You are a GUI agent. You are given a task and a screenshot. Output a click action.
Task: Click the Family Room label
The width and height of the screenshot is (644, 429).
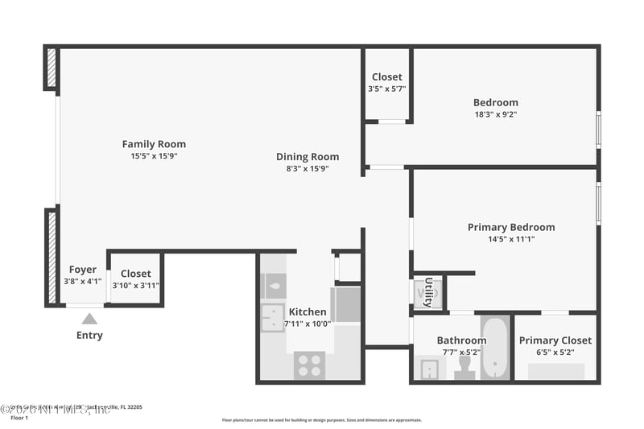tap(154, 144)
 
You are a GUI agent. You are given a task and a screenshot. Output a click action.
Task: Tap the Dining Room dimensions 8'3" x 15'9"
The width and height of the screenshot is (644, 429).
tap(308, 169)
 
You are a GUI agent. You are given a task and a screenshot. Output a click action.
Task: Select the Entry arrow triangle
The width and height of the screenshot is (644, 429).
tap(89, 319)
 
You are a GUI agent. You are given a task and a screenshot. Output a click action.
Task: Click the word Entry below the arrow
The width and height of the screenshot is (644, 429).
tap(89, 335)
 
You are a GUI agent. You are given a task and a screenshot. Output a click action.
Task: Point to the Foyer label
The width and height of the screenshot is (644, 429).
tap(83, 270)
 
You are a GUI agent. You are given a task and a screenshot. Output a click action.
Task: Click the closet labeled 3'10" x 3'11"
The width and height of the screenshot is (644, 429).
tap(135, 279)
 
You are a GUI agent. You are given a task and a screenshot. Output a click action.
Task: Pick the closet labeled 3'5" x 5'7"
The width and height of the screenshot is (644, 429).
tap(386, 83)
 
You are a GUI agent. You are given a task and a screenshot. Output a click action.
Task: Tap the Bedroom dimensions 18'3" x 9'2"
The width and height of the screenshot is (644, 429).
tap(495, 114)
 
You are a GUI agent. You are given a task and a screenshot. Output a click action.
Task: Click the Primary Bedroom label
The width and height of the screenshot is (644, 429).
tap(511, 227)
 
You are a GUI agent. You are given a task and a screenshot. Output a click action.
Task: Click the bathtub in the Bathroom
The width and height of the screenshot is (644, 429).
tap(494, 348)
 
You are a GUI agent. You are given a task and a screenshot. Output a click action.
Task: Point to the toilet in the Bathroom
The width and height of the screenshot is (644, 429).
tap(464, 367)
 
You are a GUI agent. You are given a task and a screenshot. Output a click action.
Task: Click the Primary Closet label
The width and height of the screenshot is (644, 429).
tap(555, 340)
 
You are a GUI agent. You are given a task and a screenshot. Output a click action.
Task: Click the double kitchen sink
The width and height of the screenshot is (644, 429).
tap(272, 318)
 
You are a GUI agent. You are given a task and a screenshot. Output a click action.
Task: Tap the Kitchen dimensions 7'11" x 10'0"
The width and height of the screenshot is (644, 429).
tap(308, 324)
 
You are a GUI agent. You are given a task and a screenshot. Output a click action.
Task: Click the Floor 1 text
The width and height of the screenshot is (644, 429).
tap(19, 418)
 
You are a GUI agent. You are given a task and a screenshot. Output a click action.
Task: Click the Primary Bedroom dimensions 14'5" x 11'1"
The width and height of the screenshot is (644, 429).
tap(511, 239)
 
